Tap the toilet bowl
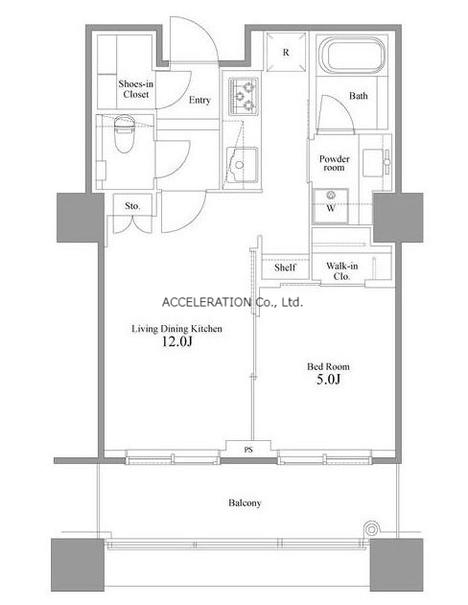pyautogui.click(x=125, y=135)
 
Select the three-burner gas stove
pyautogui.click(x=244, y=97)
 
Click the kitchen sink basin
pyautogui.click(x=242, y=165)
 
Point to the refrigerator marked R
pyautogui.click(x=286, y=52)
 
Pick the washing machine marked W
pyautogui.click(x=331, y=205)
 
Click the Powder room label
pyautogui.click(x=334, y=163)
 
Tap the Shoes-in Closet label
pyautogui.click(x=136, y=89)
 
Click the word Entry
pyautogui.click(x=199, y=101)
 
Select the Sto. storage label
pyautogui.click(x=132, y=206)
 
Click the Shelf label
pyautogui.click(x=285, y=268)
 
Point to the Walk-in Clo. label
pyautogui.click(x=341, y=271)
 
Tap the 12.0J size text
pyautogui.click(x=176, y=341)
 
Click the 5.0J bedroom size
pyautogui.click(x=328, y=380)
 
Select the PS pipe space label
pyautogui.click(x=248, y=450)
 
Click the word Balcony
pyautogui.click(x=245, y=502)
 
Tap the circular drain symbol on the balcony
pyautogui.click(x=371, y=529)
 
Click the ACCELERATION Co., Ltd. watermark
pyautogui.click(x=232, y=302)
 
